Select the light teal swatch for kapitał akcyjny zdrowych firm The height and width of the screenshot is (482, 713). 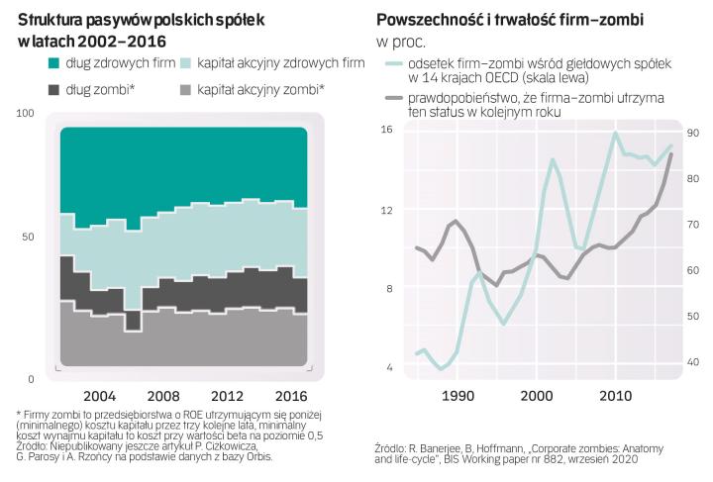[183, 63]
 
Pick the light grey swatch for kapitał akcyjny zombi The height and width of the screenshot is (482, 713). [183, 90]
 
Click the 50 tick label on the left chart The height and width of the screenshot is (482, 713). [28, 237]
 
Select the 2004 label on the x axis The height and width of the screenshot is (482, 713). [100, 391]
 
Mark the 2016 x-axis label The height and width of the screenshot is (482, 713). [290, 391]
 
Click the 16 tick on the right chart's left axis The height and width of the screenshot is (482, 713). [386, 131]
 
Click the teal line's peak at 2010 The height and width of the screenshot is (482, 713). [616, 133]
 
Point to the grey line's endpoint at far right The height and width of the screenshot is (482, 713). [671, 154]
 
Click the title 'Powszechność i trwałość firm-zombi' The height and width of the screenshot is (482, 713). [509, 20]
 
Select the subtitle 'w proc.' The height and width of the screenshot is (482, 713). [401, 43]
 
